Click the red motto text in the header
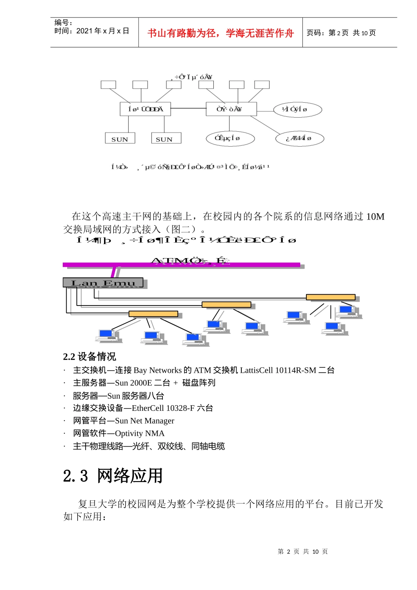point(220,33)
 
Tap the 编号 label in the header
point(63,23)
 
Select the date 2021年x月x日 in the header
point(103,31)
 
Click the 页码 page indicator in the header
point(341,33)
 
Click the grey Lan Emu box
point(103,283)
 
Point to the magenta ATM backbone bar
point(181,265)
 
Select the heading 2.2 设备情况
point(90,356)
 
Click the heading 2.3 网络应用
point(113,476)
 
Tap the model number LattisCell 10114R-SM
point(278,371)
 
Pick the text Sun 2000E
point(133,383)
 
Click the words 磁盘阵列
point(199,383)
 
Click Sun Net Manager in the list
point(144,421)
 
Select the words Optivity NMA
point(140,434)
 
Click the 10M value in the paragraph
point(375,216)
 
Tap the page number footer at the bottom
point(302,552)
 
